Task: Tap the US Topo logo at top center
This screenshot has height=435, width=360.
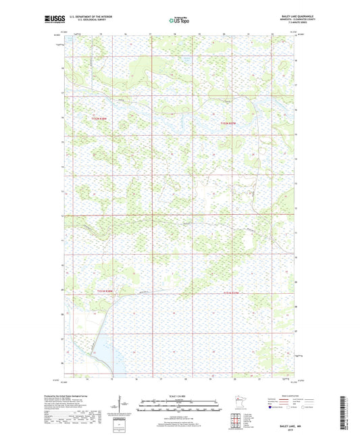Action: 178,21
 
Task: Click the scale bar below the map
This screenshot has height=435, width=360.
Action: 179,405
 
